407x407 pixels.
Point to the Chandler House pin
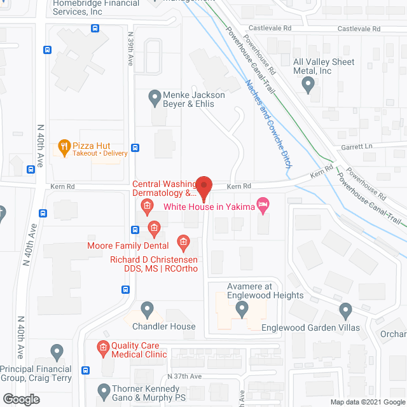pos(148,310)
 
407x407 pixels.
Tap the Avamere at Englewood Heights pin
pos(242,310)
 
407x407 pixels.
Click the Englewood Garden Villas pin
pos(346,312)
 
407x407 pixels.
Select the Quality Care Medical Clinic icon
pos(103,347)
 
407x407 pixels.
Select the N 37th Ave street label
pos(184,376)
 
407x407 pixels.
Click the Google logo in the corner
pos(20,399)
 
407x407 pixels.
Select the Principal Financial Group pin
pos(57,351)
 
